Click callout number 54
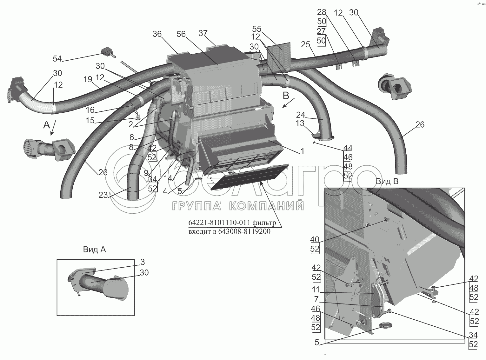[x=57, y=58]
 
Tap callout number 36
[x=157, y=34]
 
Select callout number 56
[x=181, y=34]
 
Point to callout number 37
[x=203, y=33]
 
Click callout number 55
[x=257, y=28]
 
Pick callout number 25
[x=305, y=44]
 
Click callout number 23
[x=103, y=195]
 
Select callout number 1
[x=302, y=151]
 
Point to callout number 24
[x=300, y=114]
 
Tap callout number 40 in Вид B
[x=315, y=240]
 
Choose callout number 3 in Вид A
[x=143, y=262]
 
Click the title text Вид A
[x=95, y=250]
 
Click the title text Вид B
[x=387, y=181]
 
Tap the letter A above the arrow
[x=47, y=125]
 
